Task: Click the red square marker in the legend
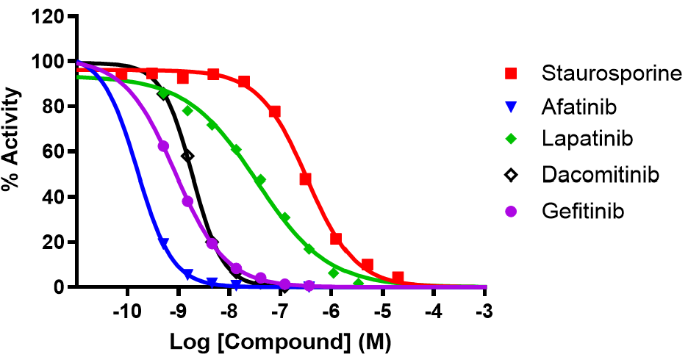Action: click(x=511, y=73)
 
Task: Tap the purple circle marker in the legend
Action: click(x=511, y=211)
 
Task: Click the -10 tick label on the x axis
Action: click(x=126, y=312)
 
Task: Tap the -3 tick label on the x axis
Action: click(x=485, y=312)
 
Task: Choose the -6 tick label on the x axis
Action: click(x=332, y=312)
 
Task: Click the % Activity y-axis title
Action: click(x=12, y=152)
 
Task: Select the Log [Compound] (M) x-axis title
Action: click(x=279, y=342)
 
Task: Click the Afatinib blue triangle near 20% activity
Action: click(x=163, y=242)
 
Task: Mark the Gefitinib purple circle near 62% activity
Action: click(x=163, y=146)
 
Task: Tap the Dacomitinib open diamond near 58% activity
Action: click(x=187, y=156)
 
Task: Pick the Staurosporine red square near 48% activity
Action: click(x=306, y=179)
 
